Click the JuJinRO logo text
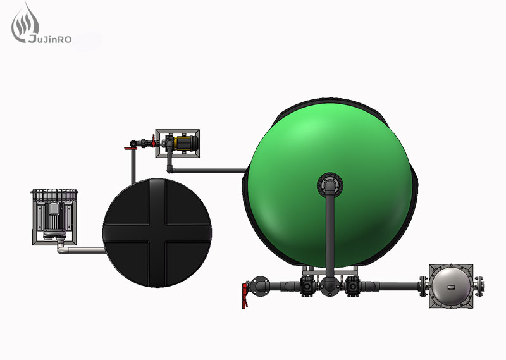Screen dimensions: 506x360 pyautogui.click(x=50, y=39)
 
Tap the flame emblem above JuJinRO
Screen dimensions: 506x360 pyautogui.click(x=25, y=22)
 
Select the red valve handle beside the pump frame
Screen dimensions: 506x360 pyautogui.click(x=154, y=140)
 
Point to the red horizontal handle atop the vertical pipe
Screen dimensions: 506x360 pyautogui.click(x=130, y=149)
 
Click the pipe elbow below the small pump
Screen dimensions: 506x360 pyautogui.click(x=170, y=170)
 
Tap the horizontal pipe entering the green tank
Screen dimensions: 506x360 pyautogui.click(x=211, y=170)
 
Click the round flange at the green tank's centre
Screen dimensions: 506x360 pyautogui.click(x=330, y=185)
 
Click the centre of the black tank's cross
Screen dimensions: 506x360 pyautogui.click(x=157, y=233)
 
